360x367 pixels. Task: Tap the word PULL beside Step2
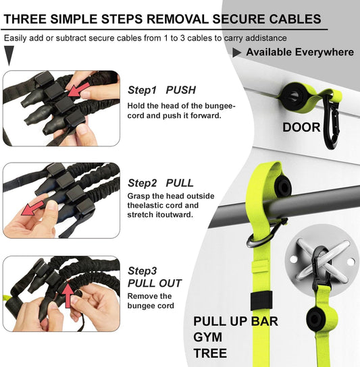pos(180,183)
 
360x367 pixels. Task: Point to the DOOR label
pos(301,127)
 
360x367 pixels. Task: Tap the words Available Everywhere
pos(299,52)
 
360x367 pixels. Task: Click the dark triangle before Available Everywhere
pos(237,52)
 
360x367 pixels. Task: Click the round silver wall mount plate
pos(316,260)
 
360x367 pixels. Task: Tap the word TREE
pos(210,353)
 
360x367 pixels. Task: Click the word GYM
pos(207,337)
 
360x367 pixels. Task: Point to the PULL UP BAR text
pos(235,320)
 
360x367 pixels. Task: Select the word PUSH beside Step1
pos(181,90)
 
